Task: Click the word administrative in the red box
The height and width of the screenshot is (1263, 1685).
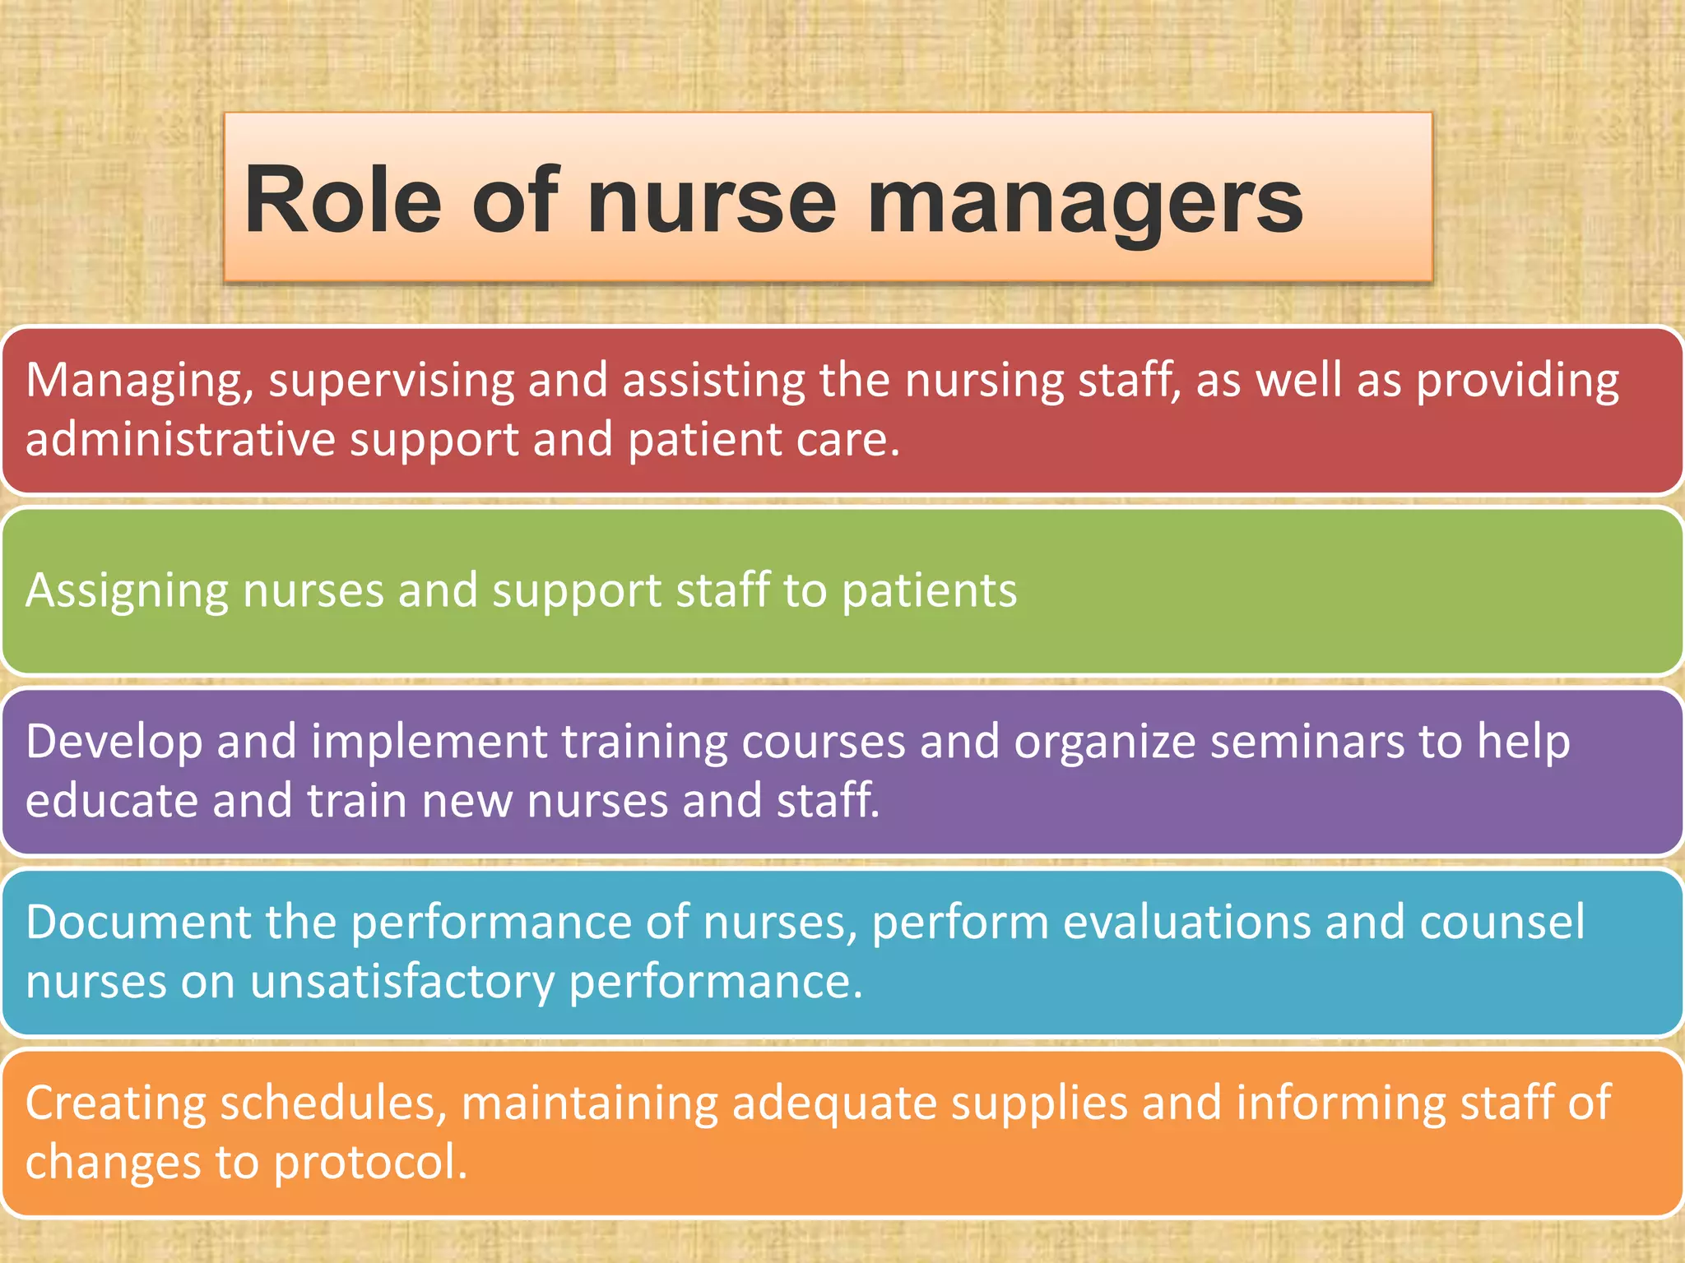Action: tap(180, 439)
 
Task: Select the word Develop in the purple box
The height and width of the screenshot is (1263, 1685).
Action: tap(114, 743)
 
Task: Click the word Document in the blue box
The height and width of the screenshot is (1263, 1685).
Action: tap(137, 922)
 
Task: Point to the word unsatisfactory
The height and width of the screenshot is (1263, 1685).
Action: tap(402, 982)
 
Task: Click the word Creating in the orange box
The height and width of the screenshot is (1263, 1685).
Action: tap(115, 1104)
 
